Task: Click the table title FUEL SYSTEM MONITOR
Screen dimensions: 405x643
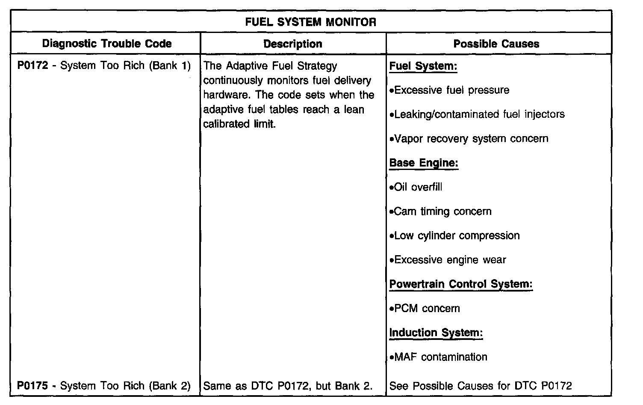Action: pyautogui.click(x=311, y=22)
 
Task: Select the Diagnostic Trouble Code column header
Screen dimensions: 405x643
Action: pyautogui.click(x=107, y=44)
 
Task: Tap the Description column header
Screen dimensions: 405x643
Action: pyautogui.click(x=293, y=44)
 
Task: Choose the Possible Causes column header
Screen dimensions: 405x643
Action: pyautogui.click(x=496, y=44)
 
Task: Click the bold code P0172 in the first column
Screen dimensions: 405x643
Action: pyautogui.click(x=32, y=66)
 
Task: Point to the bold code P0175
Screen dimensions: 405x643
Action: pyautogui.click(x=32, y=386)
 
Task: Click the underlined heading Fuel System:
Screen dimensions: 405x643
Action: pyautogui.click(x=423, y=66)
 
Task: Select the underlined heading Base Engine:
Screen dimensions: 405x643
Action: pyautogui.click(x=424, y=163)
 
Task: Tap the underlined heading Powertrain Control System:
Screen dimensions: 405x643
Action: pyautogui.click(x=461, y=284)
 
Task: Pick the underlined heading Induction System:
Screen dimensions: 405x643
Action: pyautogui.click(x=436, y=333)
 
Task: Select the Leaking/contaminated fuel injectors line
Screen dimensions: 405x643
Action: pyautogui.click(x=477, y=114)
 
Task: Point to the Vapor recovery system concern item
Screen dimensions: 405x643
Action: pyautogui.click(x=469, y=139)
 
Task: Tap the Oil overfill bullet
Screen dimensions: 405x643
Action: pyautogui.click(x=416, y=187)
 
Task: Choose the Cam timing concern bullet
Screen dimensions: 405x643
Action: pyautogui.click(x=441, y=211)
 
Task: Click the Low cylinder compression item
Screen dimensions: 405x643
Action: pyautogui.click(x=455, y=236)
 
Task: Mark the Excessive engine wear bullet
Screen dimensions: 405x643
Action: pyautogui.click(x=448, y=260)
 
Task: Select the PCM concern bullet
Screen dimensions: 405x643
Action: pyautogui.click(x=425, y=309)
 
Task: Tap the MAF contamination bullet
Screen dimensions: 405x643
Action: pyautogui.click(x=439, y=357)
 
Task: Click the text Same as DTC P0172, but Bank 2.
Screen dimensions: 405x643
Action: pyautogui.click(x=288, y=386)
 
